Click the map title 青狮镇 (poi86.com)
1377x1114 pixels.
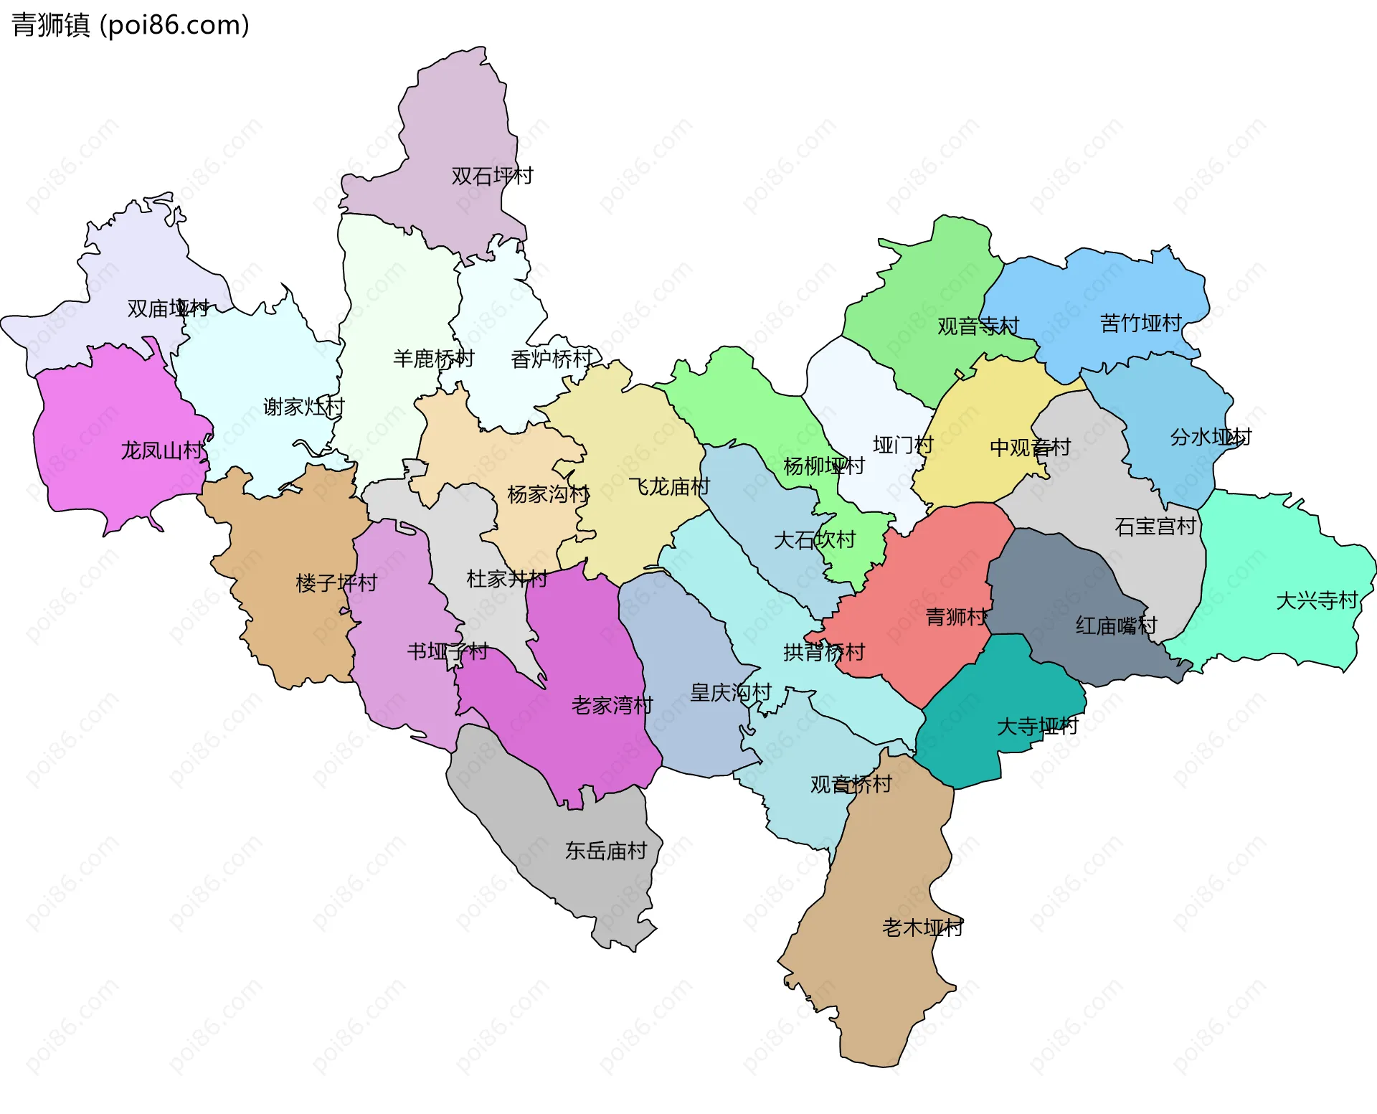click(131, 25)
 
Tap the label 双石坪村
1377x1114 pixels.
click(492, 176)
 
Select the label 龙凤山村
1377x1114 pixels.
click(162, 450)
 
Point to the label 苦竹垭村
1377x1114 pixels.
click(1140, 324)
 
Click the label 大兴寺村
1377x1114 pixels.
click(1317, 600)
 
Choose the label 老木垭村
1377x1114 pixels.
click(922, 927)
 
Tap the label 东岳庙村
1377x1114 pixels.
click(606, 851)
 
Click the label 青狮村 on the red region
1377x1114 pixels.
click(956, 617)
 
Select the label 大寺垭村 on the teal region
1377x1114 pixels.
click(1037, 727)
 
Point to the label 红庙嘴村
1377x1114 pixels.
click(1116, 626)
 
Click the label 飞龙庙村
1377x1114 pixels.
click(669, 487)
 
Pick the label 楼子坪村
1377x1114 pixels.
click(336, 582)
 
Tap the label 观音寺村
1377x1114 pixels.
click(978, 326)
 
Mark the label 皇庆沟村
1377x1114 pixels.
click(730, 692)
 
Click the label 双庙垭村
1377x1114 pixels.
click(168, 308)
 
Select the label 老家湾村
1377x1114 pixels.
click(612, 705)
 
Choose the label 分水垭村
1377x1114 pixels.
click(1211, 437)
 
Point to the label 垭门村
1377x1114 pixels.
click(903, 445)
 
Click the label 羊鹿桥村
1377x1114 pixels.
click(433, 358)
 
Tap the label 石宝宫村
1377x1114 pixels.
click(1155, 527)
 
